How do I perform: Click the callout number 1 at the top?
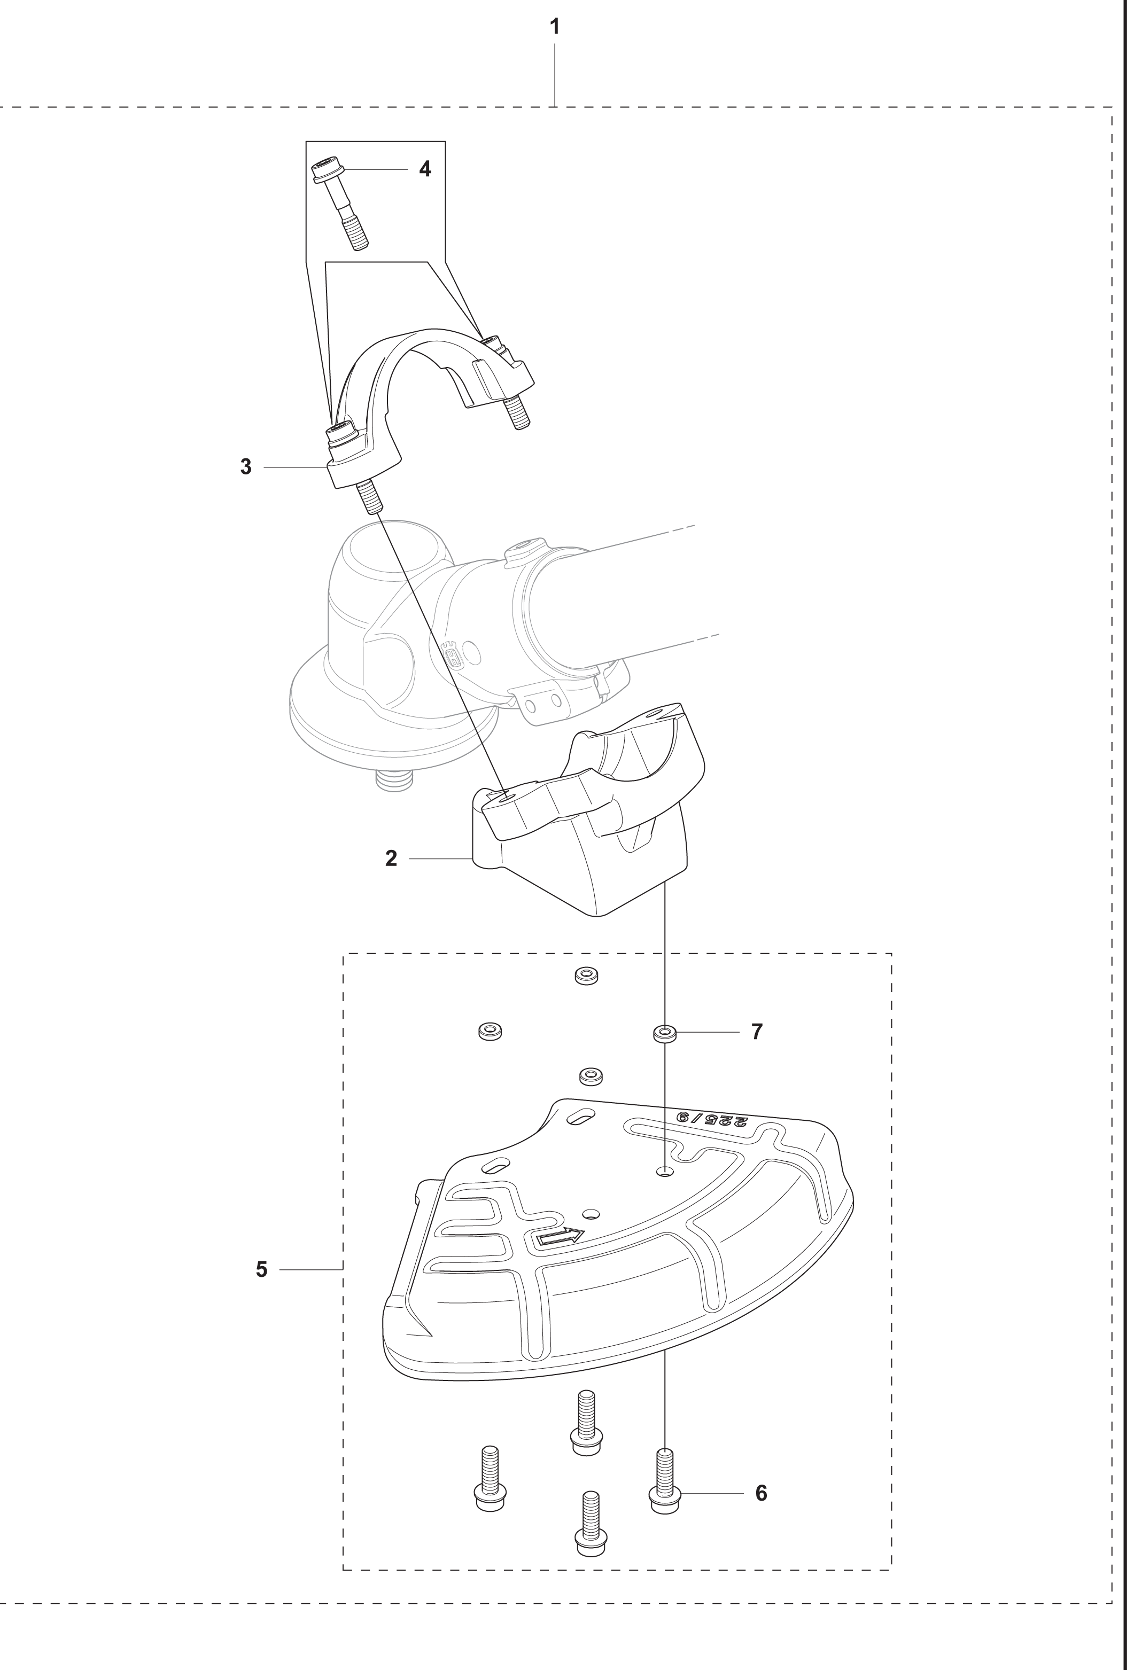tap(554, 27)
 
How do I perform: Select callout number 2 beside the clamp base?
tap(391, 858)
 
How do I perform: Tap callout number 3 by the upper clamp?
tap(246, 467)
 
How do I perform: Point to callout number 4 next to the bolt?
tap(425, 169)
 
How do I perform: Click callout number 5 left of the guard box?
tap(261, 1270)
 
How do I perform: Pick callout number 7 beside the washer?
tap(757, 1032)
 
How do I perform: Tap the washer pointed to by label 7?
tap(665, 1035)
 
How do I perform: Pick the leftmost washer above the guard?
tap(490, 1031)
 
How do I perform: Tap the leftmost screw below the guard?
tap(490, 1474)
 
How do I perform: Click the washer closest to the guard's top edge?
tap(590, 1076)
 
